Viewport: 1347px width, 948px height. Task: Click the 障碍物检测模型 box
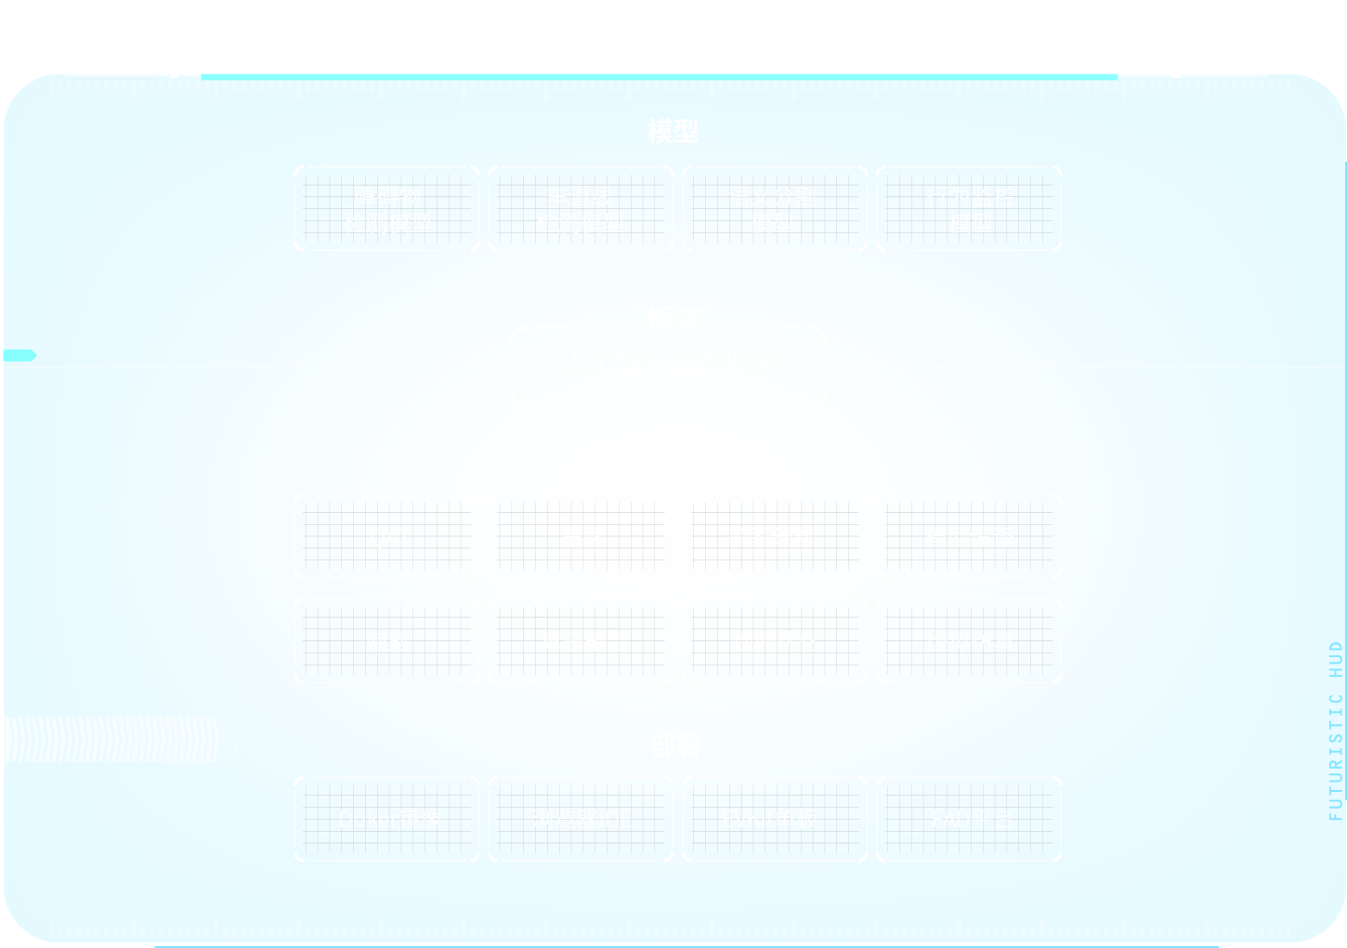(387, 209)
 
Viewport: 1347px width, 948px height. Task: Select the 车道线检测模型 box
(581, 209)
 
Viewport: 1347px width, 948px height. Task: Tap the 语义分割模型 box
(775, 209)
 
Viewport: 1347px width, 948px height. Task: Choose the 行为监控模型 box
(969, 209)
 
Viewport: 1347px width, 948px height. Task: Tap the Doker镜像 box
(387, 819)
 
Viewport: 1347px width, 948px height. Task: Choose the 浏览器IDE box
(581, 819)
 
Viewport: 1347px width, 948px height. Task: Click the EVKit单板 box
(775, 819)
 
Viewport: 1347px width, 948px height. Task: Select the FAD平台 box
(969, 819)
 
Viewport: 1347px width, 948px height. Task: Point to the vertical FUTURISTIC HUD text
(1336, 731)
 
